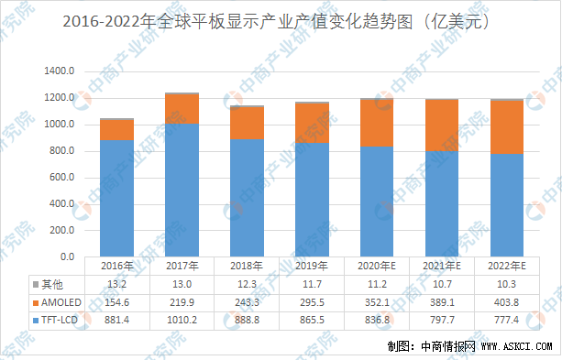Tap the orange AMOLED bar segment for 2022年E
(506, 126)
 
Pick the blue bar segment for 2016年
(117, 198)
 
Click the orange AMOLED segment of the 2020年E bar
(376, 123)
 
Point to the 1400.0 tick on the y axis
(61, 71)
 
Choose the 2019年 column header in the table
(312, 267)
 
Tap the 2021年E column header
(441, 267)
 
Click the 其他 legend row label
(56, 284)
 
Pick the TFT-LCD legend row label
(56, 319)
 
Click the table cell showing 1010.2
(182, 319)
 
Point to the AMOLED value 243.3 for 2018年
(247, 301)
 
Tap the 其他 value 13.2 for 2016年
(117, 284)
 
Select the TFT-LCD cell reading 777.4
(506, 319)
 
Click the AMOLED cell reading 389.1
(441, 301)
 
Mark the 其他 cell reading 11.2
(376, 284)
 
